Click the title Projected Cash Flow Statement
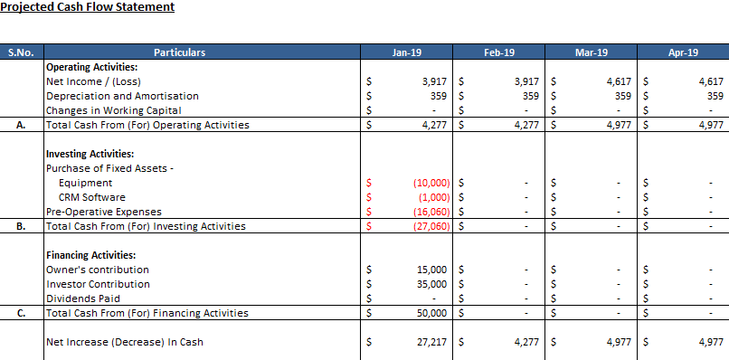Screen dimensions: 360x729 (x=88, y=7)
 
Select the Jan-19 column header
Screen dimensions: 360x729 (x=407, y=52)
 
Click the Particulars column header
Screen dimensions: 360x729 (x=179, y=52)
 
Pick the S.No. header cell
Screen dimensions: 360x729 (x=21, y=52)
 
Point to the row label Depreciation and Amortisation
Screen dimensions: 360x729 (x=122, y=96)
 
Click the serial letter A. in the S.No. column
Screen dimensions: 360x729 (x=21, y=125)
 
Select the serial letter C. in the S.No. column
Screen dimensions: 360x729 (x=21, y=313)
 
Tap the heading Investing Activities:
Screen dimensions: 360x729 (x=90, y=154)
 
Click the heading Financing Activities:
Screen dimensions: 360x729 (x=91, y=255)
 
